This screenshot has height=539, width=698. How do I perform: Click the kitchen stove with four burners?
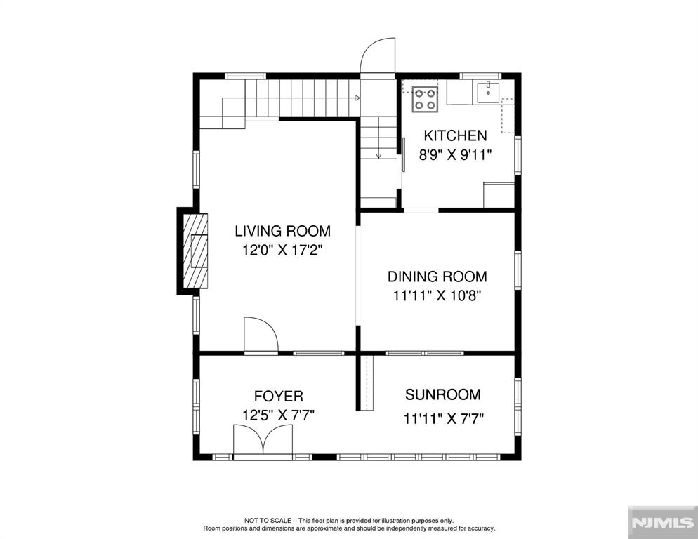click(423, 99)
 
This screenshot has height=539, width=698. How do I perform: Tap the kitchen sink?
click(487, 93)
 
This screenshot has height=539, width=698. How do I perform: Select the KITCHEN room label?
click(453, 136)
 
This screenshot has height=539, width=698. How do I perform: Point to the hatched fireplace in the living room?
click(195, 250)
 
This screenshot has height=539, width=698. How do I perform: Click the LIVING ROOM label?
click(282, 231)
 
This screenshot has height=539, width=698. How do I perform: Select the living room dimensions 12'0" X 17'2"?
click(282, 250)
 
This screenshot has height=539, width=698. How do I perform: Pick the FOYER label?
click(279, 397)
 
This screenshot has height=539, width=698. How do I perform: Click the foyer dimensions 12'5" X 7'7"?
click(279, 415)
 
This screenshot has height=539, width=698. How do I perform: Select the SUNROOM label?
click(443, 394)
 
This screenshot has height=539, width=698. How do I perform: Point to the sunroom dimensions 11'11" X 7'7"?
click(443, 419)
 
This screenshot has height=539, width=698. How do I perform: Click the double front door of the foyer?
click(263, 442)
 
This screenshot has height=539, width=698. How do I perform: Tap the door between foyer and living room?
click(260, 335)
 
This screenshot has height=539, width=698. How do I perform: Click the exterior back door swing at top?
click(377, 56)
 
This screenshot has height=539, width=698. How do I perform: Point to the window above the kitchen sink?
click(480, 75)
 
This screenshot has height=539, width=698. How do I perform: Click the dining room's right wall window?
click(518, 270)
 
